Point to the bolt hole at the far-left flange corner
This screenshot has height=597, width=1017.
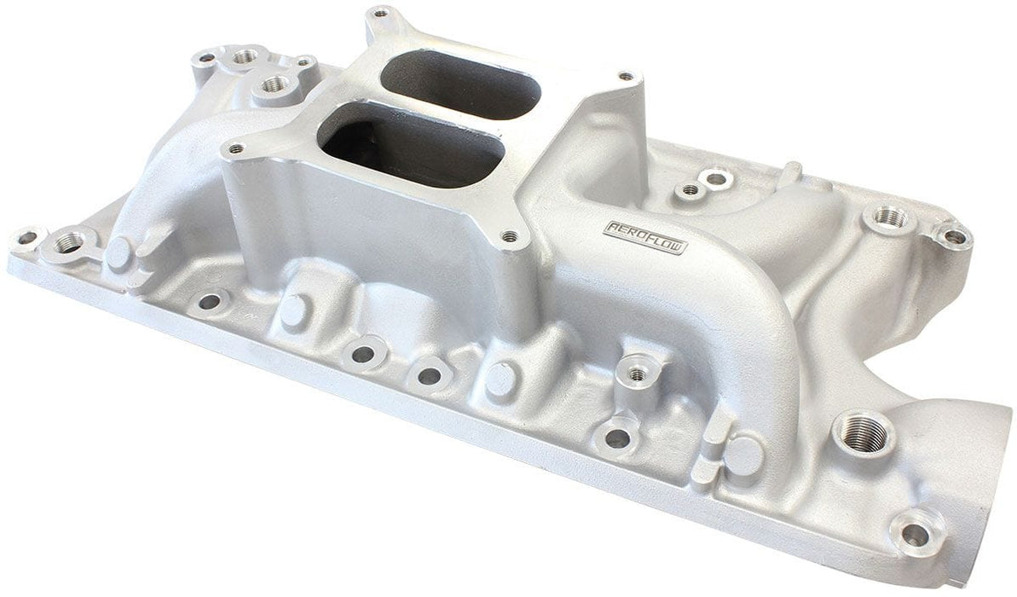(26, 237)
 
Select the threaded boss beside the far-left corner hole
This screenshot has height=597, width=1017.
(66, 245)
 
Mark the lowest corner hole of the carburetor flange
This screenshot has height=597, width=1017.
(510, 236)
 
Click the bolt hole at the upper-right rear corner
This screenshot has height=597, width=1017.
(953, 236)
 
